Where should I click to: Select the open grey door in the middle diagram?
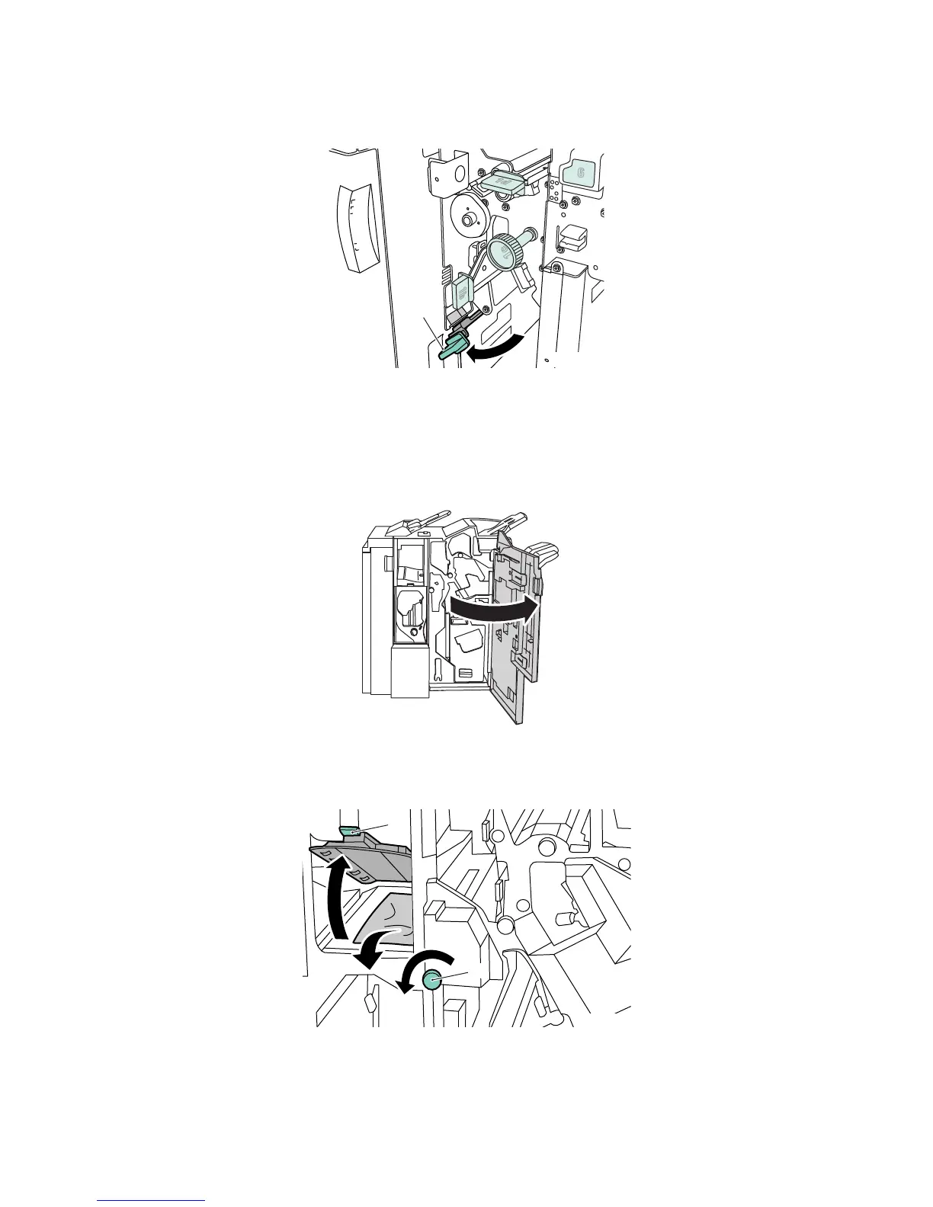click(515, 625)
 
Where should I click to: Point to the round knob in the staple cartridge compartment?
click(413, 632)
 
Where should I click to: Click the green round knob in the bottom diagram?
click(432, 980)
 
